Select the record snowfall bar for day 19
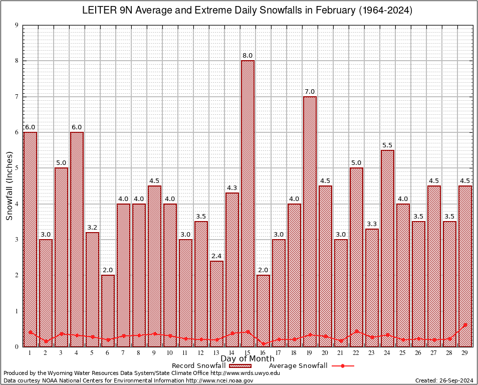310,221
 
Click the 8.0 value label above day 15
248,56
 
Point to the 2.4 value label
216,256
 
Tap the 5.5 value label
387,145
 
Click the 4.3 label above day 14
232,188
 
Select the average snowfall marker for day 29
465,325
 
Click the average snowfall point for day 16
263,344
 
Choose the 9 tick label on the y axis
17,25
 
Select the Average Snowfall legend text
298,366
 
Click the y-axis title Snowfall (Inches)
10,185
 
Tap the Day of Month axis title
248,359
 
